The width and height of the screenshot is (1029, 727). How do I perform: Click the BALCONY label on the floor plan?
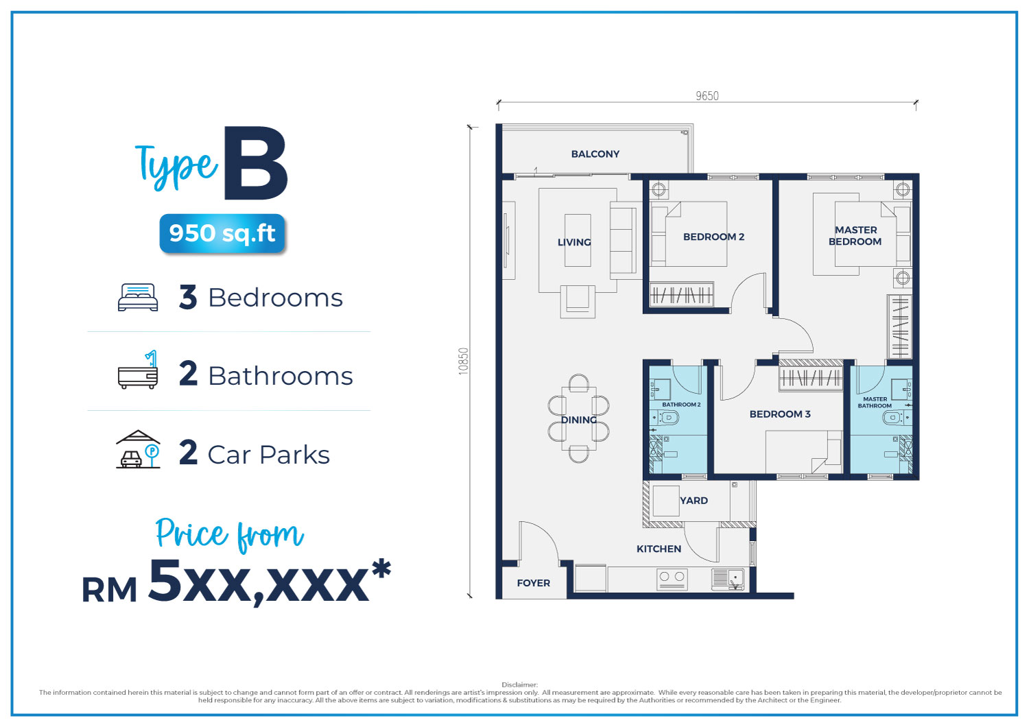pyautogui.click(x=595, y=154)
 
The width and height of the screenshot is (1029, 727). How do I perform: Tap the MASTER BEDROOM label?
pyautogui.click(x=855, y=236)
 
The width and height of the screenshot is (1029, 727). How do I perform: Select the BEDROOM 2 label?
pyautogui.click(x=713, y=237)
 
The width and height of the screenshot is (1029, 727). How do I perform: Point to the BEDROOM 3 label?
pyautogui.click(x=780, y=414)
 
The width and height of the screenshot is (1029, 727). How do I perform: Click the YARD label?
pyautogui.click(x=694, y=501)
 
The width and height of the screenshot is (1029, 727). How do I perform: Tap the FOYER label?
pyautogui.click(x=533, y=583)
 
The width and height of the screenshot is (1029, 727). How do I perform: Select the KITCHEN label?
pyautogui.click(x=659, y=549)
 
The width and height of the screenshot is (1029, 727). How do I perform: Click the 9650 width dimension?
pyautogui.click(x=707, y=95)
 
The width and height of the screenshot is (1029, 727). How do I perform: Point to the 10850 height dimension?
pyautogui.click(x=464, y=361)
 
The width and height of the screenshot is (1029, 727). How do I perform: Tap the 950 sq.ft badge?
pyautogui.click(x=222, y=233)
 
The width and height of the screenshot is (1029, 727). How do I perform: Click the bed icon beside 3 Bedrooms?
pyautogui.click(x=138, y=297)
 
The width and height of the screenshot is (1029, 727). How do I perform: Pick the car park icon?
pyautogui.click(x=138, y=449)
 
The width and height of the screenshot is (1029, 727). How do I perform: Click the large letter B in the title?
pyautogui.click(x=255, y=163)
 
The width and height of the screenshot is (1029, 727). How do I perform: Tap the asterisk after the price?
pyautogui.click(x=381, y=569)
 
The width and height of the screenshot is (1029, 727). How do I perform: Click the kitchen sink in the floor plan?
pyautogui.click(x=728, y=580)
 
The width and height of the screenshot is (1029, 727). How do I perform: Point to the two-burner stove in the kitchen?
pyautogui.click(x=672, y=580)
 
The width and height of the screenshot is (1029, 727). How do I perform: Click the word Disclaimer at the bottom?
pyautogui.click(x=519, y=684)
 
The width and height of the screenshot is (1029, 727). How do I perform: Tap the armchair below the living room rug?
pyautogui.click(x=578, y=301)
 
